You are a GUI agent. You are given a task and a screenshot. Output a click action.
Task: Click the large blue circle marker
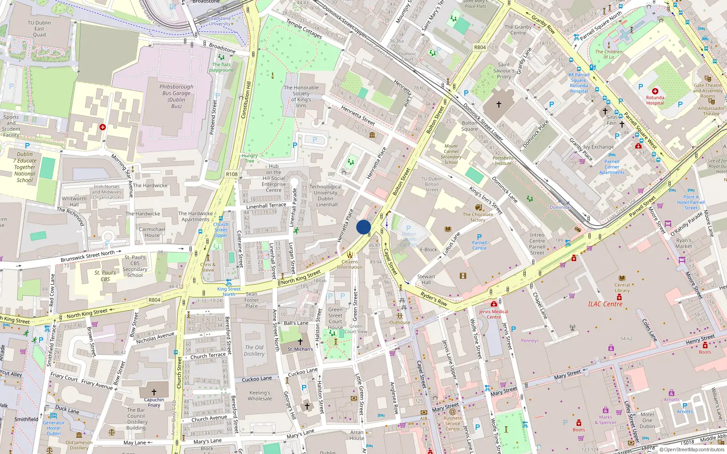(363, 227)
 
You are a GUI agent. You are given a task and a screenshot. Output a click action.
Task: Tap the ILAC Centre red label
(605, 304)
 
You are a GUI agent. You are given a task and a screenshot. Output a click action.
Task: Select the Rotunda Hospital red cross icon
(655, 91)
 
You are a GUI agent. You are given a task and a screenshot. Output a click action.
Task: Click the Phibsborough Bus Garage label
(176, 96)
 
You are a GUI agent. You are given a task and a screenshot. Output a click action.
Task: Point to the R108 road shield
(231, 174)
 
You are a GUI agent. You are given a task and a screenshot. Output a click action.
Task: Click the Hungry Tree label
(249, 158)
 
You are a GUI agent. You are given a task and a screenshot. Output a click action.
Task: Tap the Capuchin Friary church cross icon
(154, 392)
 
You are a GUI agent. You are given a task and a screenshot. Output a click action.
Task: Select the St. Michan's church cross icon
(300, 342)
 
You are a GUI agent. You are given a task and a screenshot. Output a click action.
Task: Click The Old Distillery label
(254, 350)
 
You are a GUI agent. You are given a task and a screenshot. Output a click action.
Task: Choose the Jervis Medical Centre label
(493, 314)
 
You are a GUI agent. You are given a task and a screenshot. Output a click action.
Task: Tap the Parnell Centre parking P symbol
(479, 237)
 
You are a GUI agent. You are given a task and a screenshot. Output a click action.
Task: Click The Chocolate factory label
(478, 217)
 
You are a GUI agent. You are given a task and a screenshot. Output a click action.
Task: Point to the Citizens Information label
(349, 264)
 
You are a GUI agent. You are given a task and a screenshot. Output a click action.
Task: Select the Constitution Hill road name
(246, 100)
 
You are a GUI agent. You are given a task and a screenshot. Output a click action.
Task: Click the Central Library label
(622, 287)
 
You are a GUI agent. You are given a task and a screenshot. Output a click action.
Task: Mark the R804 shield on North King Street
(154, 300)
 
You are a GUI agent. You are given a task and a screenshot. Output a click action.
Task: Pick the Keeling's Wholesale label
(259, 395)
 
